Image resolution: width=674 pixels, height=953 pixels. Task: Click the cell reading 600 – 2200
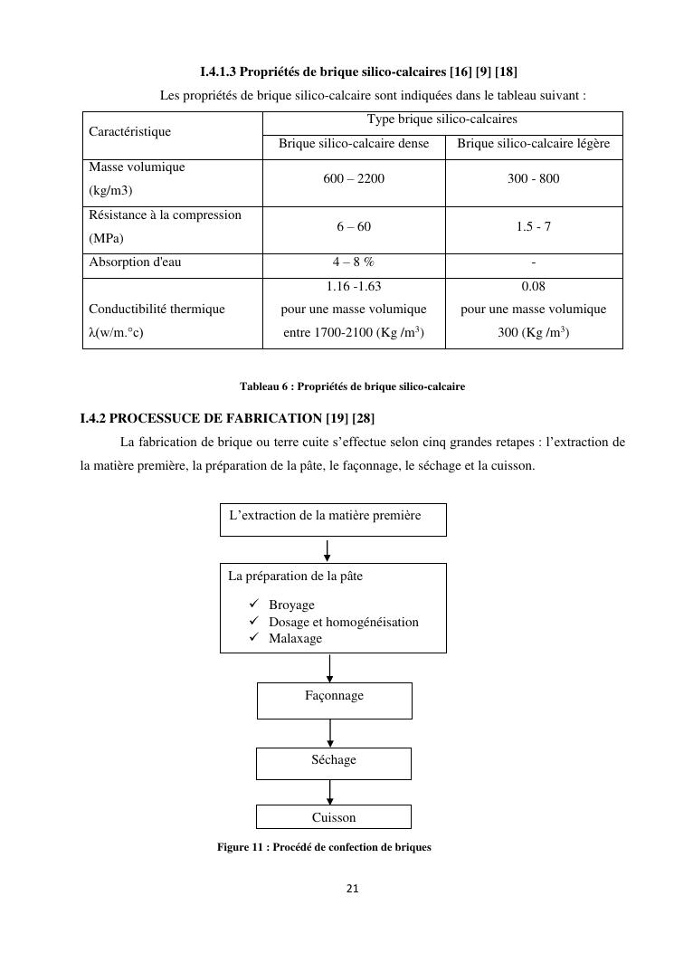354,179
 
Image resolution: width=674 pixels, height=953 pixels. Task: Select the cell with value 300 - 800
534,179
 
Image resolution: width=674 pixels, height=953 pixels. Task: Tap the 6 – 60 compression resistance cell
354,227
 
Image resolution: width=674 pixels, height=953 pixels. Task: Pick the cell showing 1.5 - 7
534,227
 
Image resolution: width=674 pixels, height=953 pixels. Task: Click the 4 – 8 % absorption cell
354,263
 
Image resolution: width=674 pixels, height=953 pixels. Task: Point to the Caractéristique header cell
130,132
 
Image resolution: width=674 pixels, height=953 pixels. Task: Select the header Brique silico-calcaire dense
354,144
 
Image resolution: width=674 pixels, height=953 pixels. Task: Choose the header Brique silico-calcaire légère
534,144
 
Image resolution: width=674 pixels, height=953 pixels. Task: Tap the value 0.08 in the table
534,286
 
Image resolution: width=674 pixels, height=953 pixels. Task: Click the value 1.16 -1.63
354,286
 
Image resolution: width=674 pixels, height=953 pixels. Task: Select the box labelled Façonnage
334,697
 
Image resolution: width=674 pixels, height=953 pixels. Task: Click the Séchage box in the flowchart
334,760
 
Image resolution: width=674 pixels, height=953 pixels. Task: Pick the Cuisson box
334,817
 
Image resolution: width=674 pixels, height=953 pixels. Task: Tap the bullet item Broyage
291,605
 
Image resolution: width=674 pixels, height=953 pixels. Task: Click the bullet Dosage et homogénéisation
343,622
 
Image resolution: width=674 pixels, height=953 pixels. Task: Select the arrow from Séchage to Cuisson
330,792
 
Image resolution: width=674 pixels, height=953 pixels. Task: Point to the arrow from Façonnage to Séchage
330,732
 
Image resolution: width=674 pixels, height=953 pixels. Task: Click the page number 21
353,889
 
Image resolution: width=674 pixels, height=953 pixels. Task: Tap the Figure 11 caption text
325,848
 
